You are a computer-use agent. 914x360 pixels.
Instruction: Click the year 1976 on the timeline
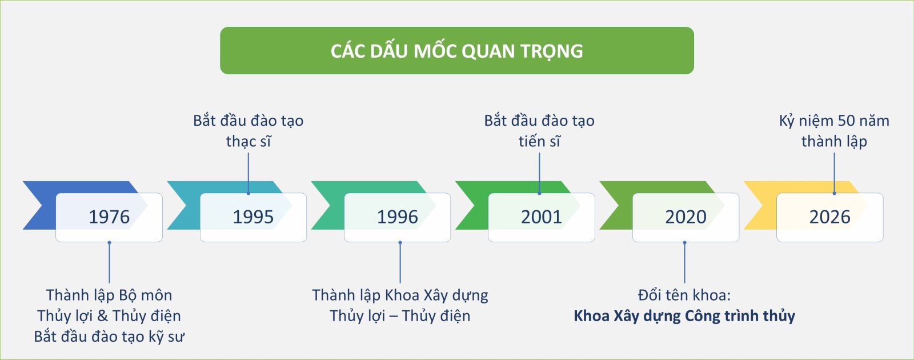(x=109, y=217)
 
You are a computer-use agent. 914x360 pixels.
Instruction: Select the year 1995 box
(x=253, y=217)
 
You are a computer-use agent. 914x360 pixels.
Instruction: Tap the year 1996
(x=397, y=217)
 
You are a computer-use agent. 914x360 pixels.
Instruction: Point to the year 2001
(x=542, y=217)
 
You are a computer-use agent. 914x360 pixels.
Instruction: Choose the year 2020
(x=685, y=217)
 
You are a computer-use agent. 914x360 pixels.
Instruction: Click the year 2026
(x=830, y=217)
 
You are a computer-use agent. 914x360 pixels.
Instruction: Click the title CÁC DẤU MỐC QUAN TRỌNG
(x=456, y=51)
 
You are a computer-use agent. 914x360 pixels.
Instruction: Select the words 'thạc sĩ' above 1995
(x=248, y=141)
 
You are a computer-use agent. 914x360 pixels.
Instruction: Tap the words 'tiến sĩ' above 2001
(x=539, y=141)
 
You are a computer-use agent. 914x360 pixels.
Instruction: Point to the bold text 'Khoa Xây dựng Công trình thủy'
(x=684, y=316)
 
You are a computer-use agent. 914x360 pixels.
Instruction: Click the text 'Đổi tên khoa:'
(x=684, y=295)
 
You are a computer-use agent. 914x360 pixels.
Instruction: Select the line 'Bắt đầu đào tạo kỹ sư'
(x=109, y=337)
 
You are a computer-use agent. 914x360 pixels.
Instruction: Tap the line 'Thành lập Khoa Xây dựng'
(x=400, y=295)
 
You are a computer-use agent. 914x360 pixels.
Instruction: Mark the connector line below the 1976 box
(x=109, y=262)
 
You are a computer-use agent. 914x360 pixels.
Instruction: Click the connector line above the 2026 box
(x=834, y=173)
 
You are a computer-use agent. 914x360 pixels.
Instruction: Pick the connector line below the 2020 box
(x=684, y=262)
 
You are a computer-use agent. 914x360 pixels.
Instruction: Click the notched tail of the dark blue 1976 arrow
(x=41, y=205)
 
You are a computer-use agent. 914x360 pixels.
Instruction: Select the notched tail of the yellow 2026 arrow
(x=761, y=205)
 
